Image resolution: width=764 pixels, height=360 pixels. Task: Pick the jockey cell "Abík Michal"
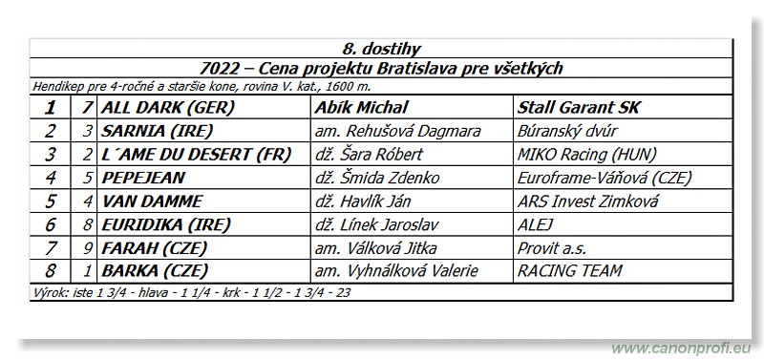tap(361, 108)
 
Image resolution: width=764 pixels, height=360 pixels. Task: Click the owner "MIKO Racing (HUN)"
tap(581, 154)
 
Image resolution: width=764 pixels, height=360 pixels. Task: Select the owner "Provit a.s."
tap(548, 247)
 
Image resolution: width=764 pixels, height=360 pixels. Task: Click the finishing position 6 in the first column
tap(51, 224)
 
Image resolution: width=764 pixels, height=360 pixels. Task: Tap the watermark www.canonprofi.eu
tap(680, 348)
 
